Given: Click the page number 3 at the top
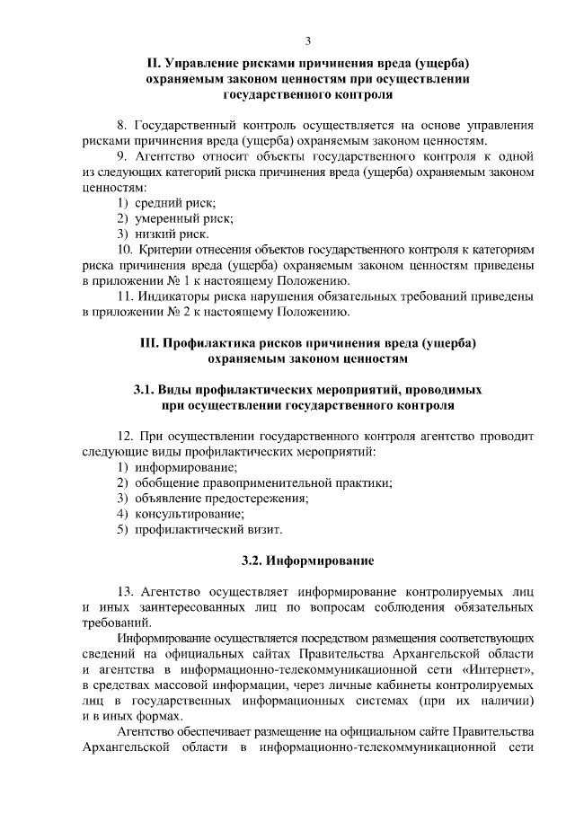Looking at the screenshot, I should coord(308,41).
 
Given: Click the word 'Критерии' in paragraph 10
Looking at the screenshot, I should coord(164,250).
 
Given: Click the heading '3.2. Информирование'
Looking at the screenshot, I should coord(307,561).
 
